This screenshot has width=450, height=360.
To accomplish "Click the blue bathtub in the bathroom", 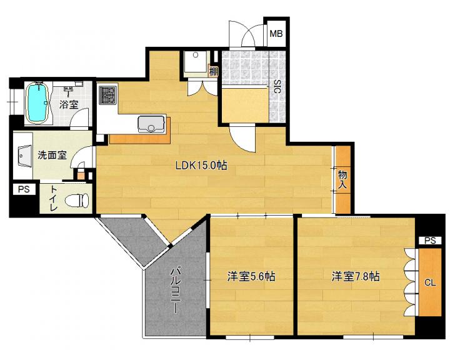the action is coord(37,102).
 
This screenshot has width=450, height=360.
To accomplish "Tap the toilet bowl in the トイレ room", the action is coord(77,200).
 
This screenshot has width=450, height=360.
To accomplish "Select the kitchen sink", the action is coord(151,124).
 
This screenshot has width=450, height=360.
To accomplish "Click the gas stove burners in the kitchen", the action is coord(108,95).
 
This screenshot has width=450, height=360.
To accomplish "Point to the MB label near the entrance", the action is coord(276,34).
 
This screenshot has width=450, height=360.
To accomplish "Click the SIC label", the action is coord(277,86).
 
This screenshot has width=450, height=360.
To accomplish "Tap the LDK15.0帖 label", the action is coord(201,166).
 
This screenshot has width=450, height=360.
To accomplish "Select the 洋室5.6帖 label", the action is coord(251,276).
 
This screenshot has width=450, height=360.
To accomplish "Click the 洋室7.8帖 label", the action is coord(356,276).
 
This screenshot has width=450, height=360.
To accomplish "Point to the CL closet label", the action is coord(430,282).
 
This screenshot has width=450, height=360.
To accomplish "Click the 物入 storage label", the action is coord(342,179).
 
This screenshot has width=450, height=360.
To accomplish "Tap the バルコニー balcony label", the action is coord(175,290).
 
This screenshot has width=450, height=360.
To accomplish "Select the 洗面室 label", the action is coord(52,155).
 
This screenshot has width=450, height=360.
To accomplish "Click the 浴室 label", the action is coord(69,104).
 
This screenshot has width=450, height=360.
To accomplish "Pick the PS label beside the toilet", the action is coord(24,189).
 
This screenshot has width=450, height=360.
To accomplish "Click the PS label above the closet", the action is coord(430,241).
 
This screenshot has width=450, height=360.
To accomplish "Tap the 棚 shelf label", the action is coord(214,71).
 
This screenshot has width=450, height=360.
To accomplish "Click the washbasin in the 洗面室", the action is coord(25,156).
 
